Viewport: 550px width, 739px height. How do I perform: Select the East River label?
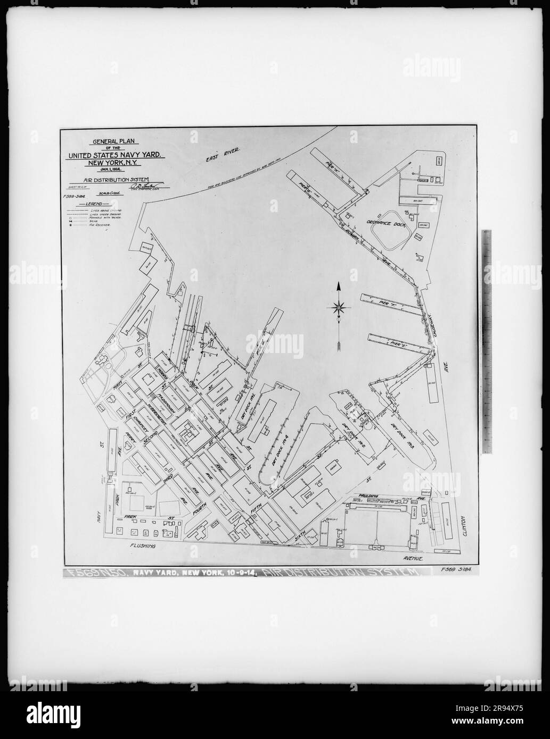(x=221, y=155)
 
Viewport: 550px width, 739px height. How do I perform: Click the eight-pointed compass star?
(x=339, y=307)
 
